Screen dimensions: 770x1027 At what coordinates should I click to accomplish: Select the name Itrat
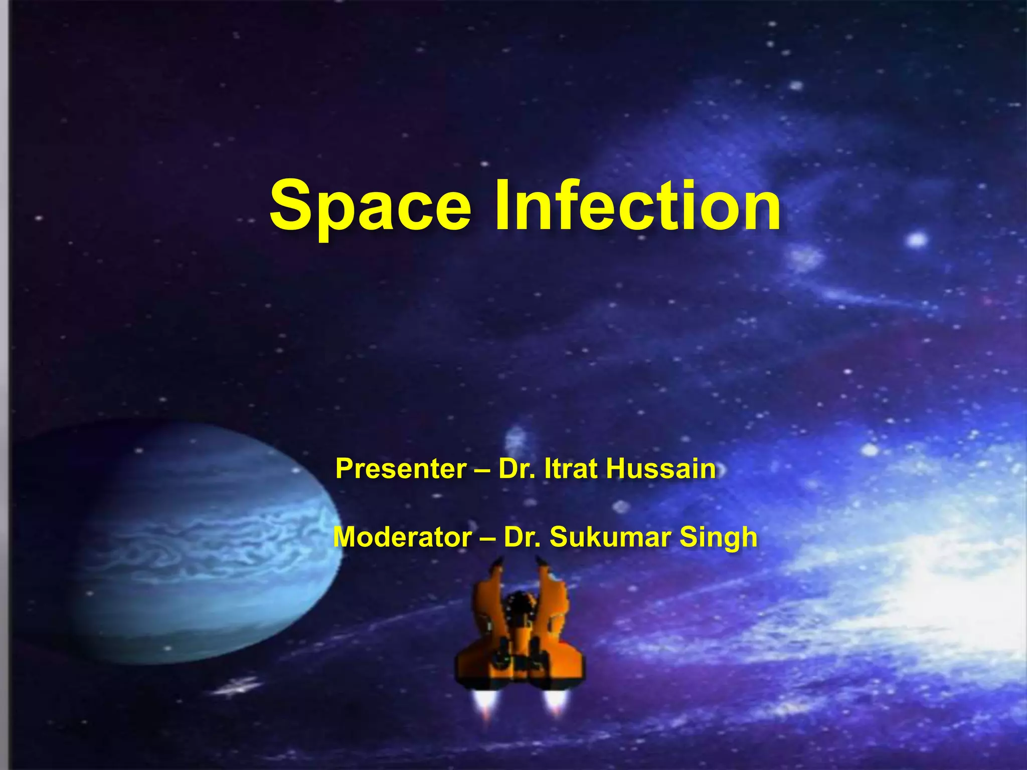tap(571, 469)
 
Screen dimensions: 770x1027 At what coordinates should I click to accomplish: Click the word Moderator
tap(402, 537)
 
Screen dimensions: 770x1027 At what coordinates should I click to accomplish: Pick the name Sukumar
tap(610, 537)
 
